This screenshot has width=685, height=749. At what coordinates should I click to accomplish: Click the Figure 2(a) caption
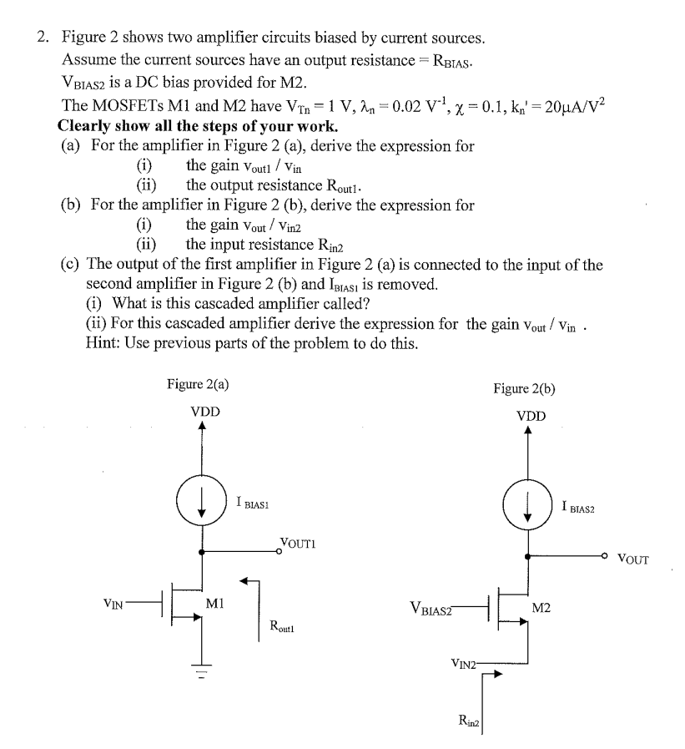[198, 384]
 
